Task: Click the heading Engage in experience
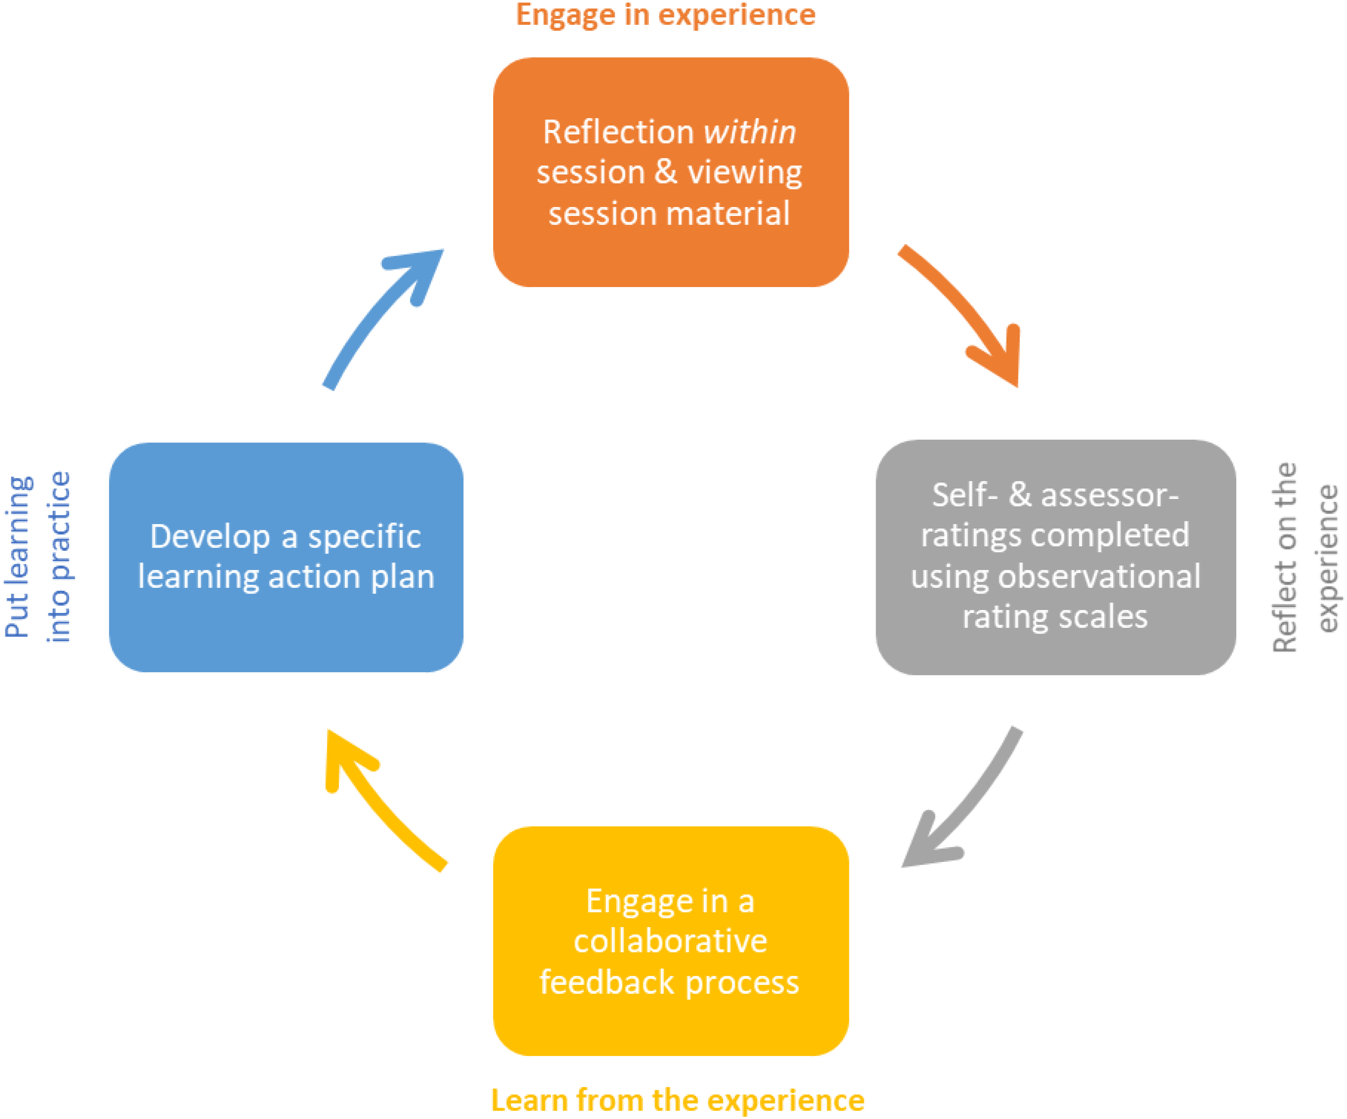pyautogui.click(x=665, y=14)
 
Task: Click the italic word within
pyautogui.click(x=749, y=132)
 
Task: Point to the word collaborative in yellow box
pyautogui.click(x=670, y=941)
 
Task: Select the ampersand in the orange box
pyautogui.click(x=666, y=172)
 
